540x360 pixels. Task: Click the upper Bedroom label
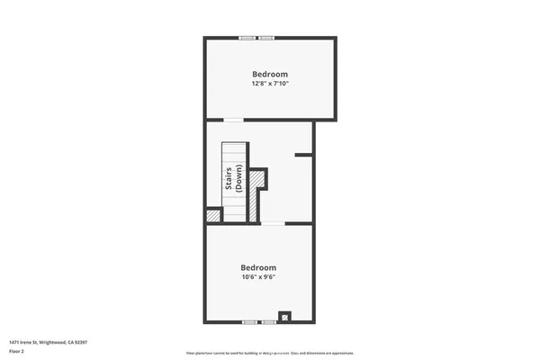point(270,74)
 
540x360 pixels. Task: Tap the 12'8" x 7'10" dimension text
point(270,84)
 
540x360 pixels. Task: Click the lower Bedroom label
point(258,267)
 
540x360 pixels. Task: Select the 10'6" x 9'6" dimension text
point(258,277)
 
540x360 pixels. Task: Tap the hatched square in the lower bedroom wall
point(284,316)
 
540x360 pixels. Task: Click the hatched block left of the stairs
point(214,216)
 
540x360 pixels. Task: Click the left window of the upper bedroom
point(246,38)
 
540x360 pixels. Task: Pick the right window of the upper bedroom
point(266,38)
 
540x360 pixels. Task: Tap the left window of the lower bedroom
point(249,320)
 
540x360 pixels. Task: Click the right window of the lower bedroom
point(269,320)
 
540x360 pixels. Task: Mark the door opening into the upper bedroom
point(233,119)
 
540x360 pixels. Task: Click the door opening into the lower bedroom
point(273,223)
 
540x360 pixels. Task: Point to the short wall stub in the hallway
point(304,155)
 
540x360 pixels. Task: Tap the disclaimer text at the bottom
point(270,353)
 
